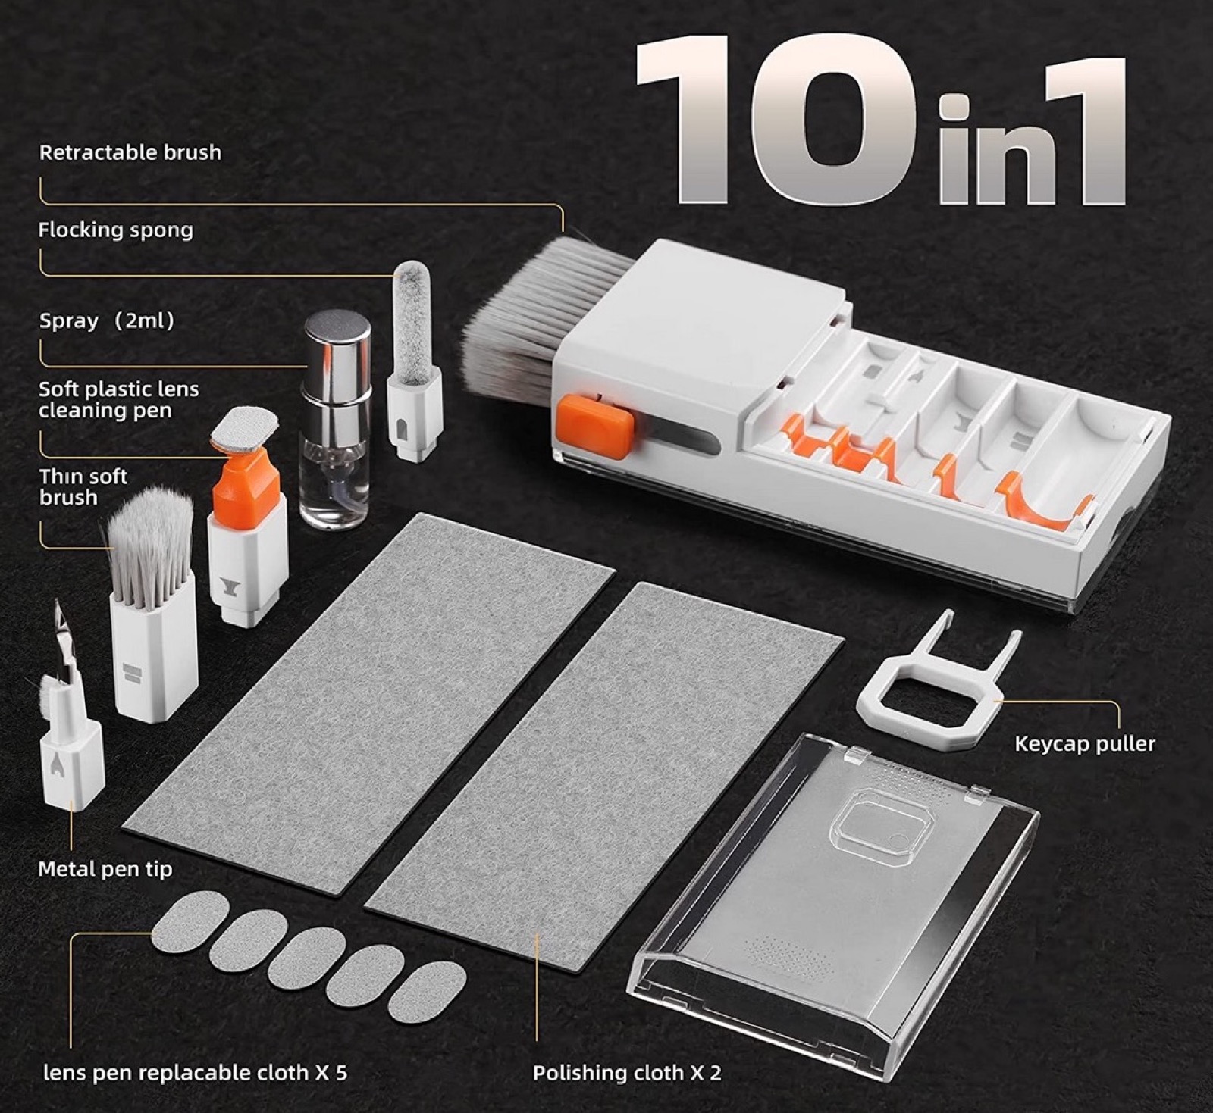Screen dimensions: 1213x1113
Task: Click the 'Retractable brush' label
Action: (130, 152)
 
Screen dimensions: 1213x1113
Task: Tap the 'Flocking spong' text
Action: (115, 230)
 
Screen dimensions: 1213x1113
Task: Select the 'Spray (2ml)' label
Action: (107, 320)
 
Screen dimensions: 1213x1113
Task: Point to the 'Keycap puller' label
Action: (1085, 743)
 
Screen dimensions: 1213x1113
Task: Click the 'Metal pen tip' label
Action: (105, 868)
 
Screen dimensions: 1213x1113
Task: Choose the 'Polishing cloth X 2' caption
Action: (627, 1073)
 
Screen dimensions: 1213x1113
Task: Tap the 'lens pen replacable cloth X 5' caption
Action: (196, 1073)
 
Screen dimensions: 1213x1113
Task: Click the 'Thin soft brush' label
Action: (83, 486)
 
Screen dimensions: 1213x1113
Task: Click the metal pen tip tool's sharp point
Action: (58, 602)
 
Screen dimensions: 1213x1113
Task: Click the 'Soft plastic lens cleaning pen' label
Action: (119, 399)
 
